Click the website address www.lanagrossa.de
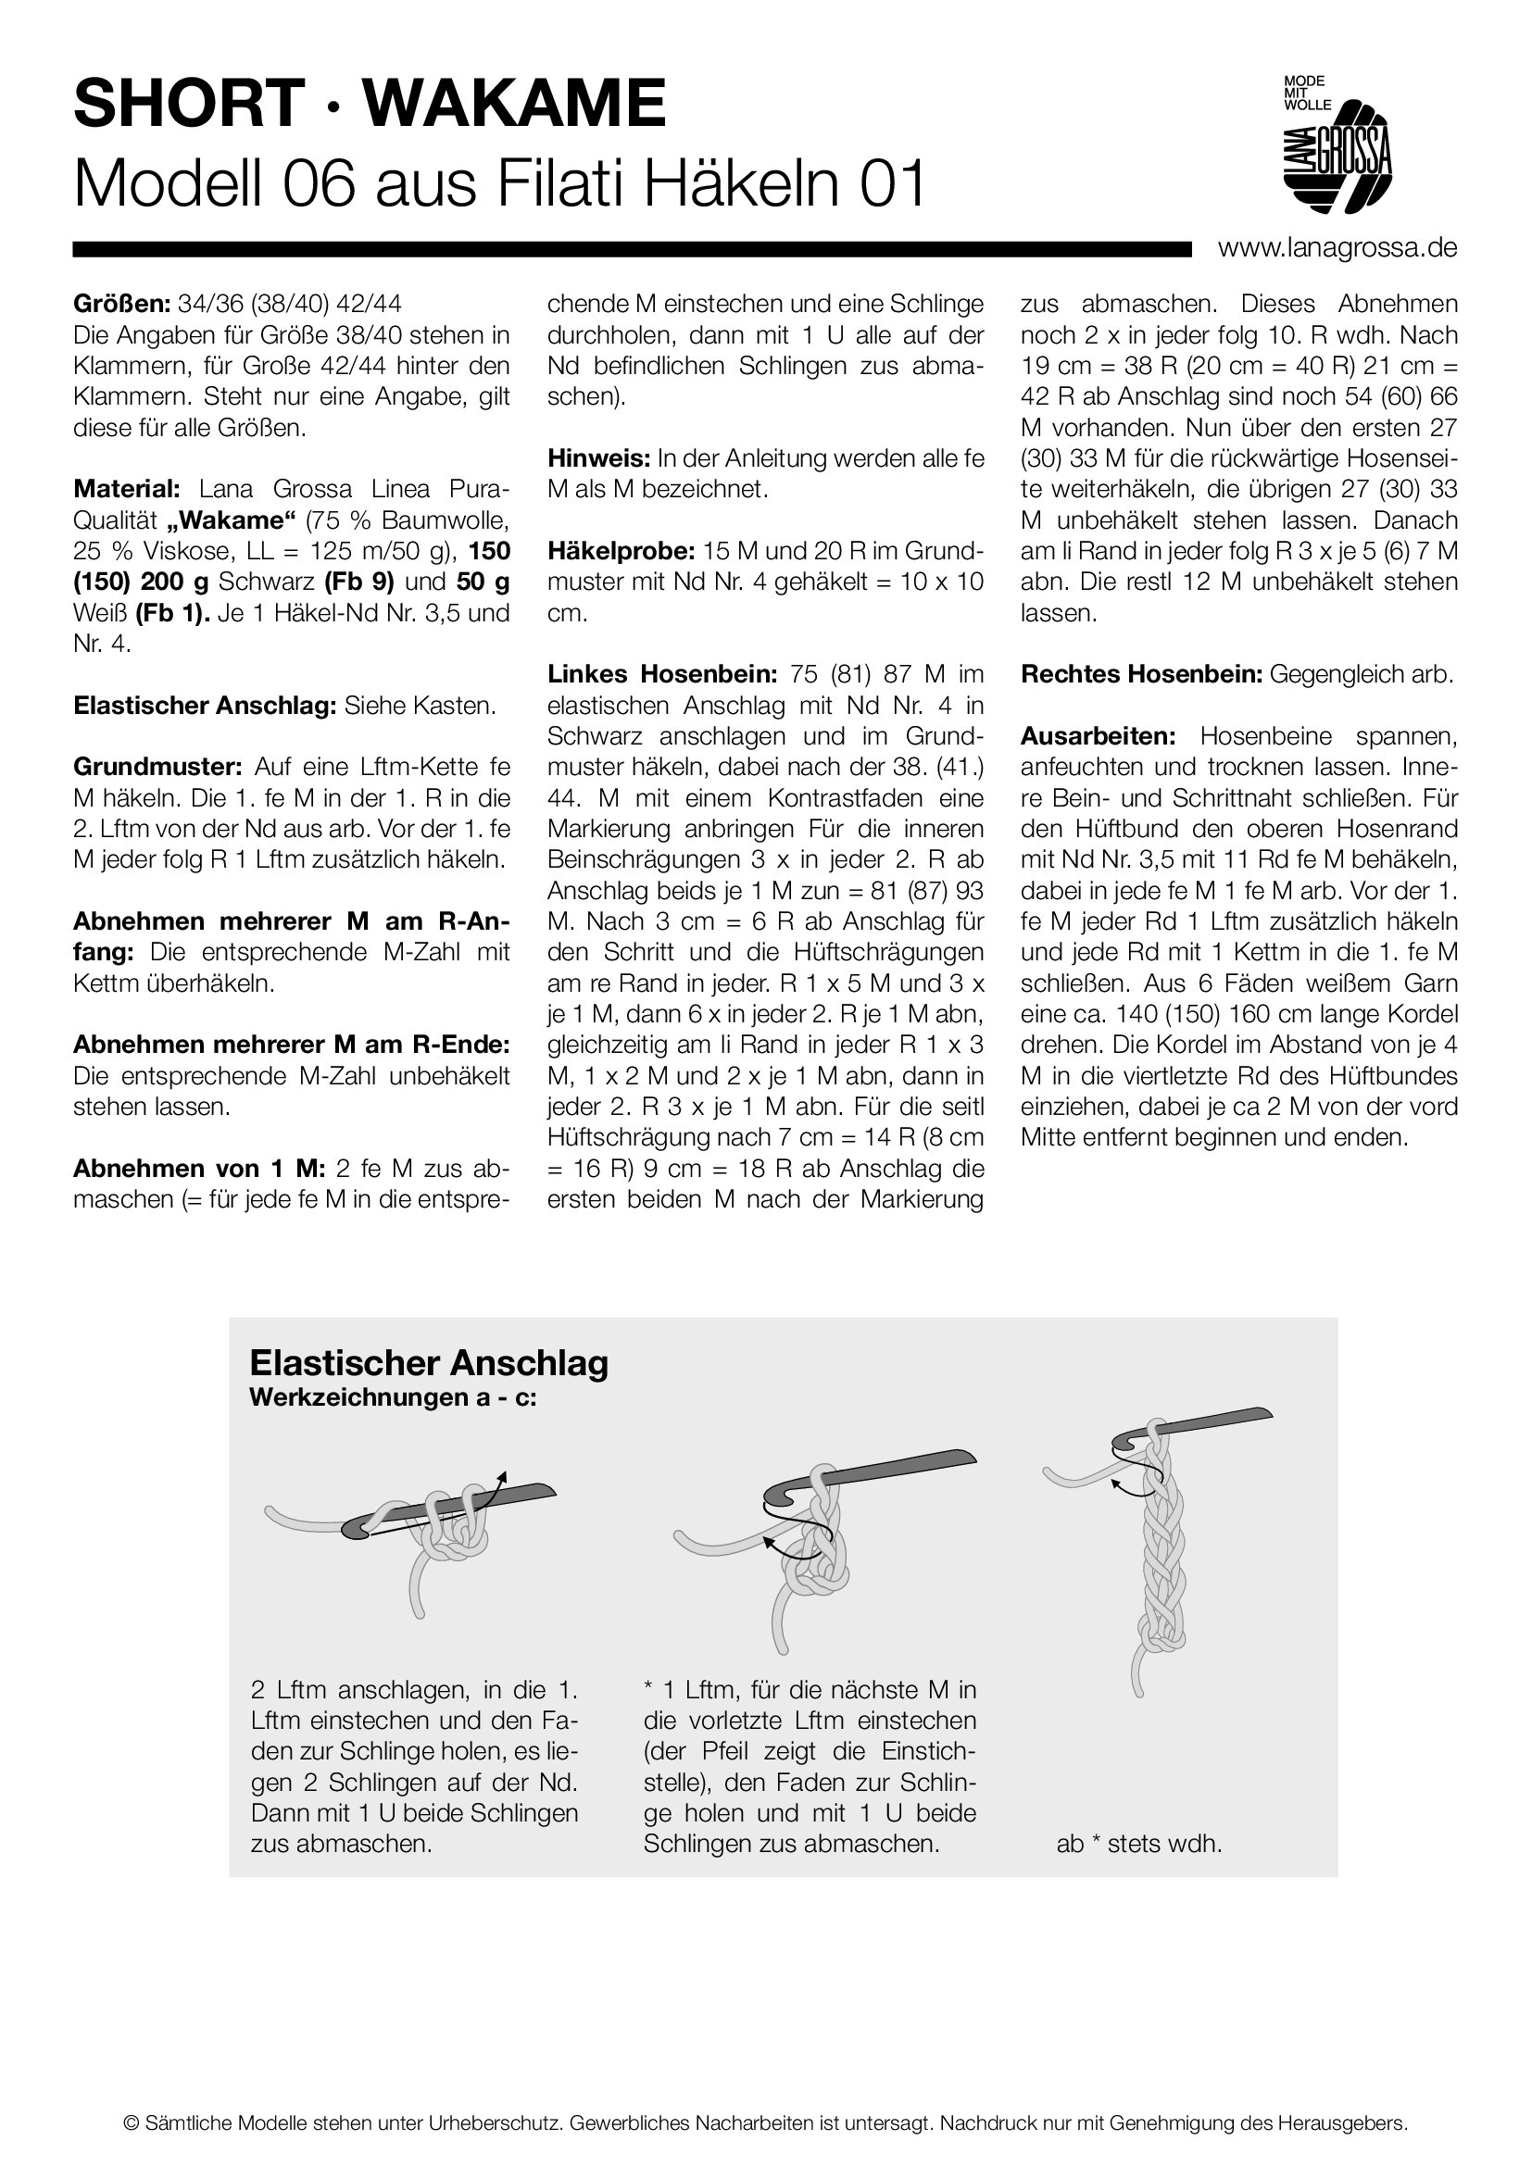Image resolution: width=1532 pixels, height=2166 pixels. pos(1337,248)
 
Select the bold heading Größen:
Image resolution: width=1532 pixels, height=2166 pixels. pos(121,304)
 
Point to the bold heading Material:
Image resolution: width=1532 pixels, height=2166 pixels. pos(126,489)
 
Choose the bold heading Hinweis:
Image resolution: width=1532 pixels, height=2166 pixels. pos(598,458)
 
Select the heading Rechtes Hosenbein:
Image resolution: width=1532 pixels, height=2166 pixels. pos(1140,674)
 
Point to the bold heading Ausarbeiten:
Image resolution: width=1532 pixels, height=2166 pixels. pos(1097,736)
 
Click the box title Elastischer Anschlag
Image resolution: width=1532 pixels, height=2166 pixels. pos(428,1363)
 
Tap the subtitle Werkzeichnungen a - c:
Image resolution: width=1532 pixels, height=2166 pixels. pos(393,1397)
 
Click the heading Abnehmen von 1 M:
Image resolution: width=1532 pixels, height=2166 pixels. pos(198,1169)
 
